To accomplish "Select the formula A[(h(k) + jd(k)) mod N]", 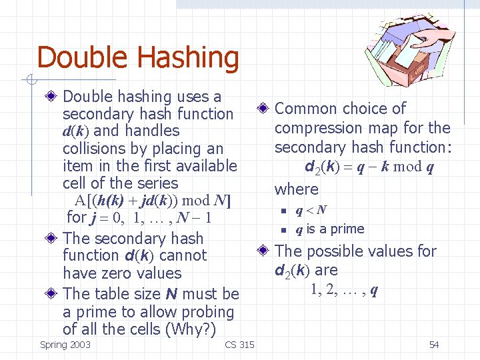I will [x=153, y=201].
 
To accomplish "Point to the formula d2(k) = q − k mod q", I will [x=369, y=167].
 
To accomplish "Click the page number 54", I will [x=434, y=345].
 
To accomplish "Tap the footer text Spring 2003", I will [x=65, y=345].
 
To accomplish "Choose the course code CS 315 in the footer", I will [x=239, y=345].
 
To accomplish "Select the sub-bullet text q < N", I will [x=311, y=211].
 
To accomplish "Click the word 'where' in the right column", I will [x=297, y=189].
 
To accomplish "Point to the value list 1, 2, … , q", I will [x=344, y=289].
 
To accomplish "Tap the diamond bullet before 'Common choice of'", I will [x=264, y=109].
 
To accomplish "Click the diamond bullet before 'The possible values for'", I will [x=264, y=251].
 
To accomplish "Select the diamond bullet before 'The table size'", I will [x=52, y=294].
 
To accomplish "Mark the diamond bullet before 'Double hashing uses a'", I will [x=52, y=97].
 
